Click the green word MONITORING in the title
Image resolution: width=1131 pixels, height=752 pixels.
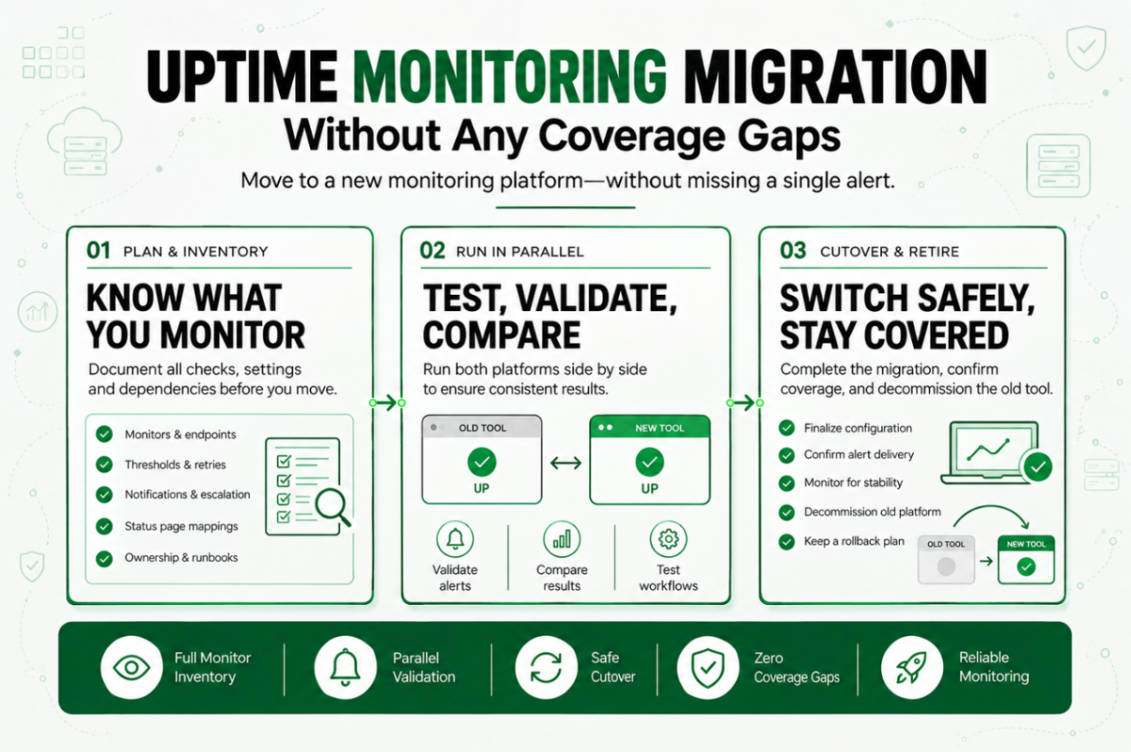(x=509, y=76)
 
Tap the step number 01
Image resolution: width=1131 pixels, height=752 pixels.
(x=98, y=251)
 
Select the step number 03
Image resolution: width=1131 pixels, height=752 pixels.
(x=793, y=251)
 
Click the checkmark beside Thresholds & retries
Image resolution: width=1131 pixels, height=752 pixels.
(x=105, y=464)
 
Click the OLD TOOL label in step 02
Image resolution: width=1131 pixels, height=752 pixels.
(x=482, y=428)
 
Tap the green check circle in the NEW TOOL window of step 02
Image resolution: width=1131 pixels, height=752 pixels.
(x=649, y=462)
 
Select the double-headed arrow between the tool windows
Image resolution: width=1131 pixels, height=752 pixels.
(x=565, y=463)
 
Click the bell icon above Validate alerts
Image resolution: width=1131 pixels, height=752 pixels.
(x=455, y=539)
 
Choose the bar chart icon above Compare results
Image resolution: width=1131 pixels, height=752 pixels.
(x=562, y=539)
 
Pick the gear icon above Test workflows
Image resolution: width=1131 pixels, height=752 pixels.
(x=668, y=539)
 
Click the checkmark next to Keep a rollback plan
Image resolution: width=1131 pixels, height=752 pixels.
(x=787, y=541)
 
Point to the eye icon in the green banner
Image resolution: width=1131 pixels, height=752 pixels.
(x=131, y=668)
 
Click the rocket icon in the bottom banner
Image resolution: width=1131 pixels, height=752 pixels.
(x=912, y=668)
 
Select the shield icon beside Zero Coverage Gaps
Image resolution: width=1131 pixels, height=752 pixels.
(x=708, y=668)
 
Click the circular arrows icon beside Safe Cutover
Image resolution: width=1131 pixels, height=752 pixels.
(x=546, y=668)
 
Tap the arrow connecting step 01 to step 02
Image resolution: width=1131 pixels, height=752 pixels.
(x=387, y=403)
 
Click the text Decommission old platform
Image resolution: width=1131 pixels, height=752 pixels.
(x=873, y=512)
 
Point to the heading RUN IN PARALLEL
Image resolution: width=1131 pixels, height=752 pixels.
(x=520, y=252)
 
